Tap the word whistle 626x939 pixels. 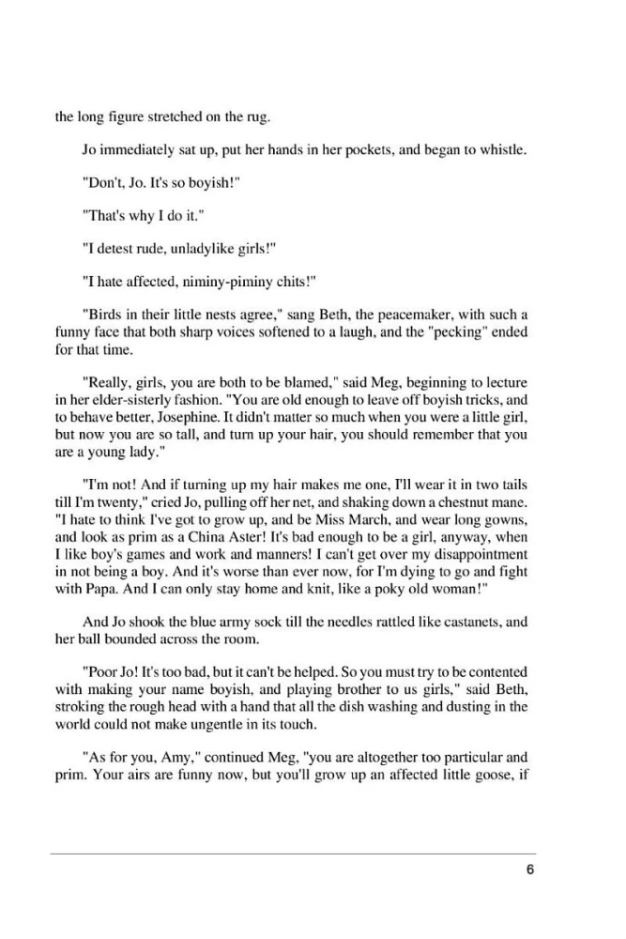[502, 152]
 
